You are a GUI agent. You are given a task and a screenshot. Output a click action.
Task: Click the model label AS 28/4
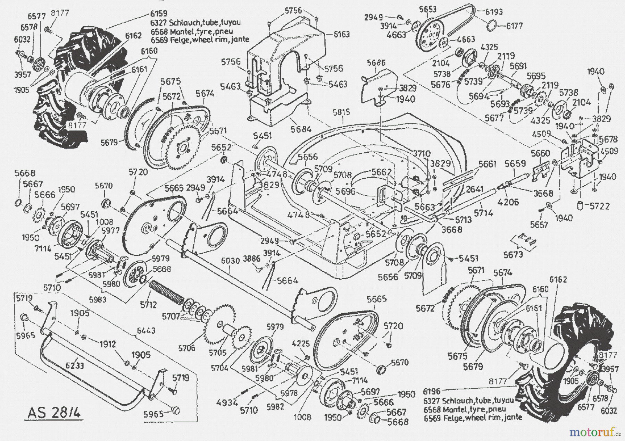click(54, 413)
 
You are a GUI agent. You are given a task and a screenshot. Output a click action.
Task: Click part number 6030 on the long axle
click(231, 260)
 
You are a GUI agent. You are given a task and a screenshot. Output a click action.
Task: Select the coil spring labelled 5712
click(168, 291)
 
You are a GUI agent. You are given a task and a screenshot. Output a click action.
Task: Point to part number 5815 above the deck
click(341, 112)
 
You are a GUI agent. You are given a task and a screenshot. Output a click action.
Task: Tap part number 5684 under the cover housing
click(301, 129)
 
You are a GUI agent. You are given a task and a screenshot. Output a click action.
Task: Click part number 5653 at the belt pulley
click(427, 9)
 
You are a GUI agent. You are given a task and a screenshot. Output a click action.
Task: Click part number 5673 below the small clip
click(513, 254)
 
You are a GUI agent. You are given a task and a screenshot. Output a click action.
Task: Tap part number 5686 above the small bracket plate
click(376, 63)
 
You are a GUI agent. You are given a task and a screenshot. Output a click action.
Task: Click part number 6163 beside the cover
click(342, 34)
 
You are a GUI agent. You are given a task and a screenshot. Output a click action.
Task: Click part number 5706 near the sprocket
click(186, 347)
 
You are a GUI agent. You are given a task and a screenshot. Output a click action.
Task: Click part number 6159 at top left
click(159, 13)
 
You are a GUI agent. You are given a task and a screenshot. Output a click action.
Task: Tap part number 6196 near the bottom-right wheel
click(432, 392)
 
